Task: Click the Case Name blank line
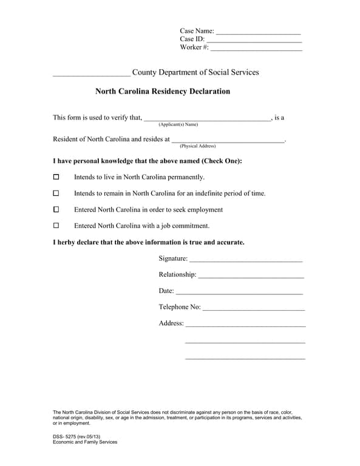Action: (x=258, y=32)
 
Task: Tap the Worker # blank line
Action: (x=256, y=49)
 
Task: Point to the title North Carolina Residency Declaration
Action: (x=163, y=92)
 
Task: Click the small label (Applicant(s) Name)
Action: (x=178, y=124)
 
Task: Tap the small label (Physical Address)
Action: (x=197, y=146)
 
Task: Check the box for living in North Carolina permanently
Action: (x=56, y=177)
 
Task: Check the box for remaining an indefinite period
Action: (x=56, y=194)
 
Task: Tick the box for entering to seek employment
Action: (x=56, y=209)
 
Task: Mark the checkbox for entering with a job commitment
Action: (x=56, y=226)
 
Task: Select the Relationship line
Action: (x=251, y=276)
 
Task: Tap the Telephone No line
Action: (x=254, y=309)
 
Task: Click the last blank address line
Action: (x=245, y=359)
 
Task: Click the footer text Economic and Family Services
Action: (x=85, y=442)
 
